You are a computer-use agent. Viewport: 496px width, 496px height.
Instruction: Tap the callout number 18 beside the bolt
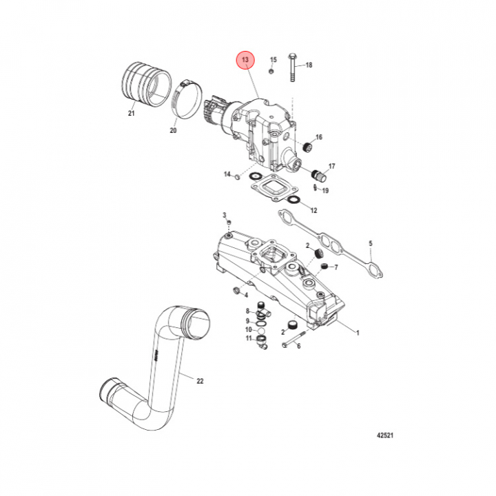308,65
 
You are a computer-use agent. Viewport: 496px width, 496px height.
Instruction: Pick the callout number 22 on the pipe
200,381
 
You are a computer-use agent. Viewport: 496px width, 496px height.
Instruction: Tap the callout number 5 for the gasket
370,244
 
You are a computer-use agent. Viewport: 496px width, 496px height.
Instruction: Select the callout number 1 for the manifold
358,333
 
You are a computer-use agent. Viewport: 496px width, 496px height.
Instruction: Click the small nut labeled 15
272,70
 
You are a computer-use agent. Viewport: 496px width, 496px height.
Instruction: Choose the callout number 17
331,167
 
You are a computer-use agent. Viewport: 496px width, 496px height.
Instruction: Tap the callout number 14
225,175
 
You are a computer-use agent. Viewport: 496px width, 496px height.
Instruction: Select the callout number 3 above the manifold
224,216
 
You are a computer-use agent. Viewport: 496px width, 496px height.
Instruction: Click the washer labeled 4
238,292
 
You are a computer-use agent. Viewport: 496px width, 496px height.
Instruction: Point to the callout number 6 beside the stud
299,346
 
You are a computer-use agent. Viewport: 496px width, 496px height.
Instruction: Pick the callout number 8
248,311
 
